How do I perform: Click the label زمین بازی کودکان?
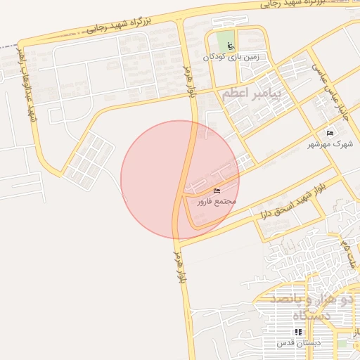(x=226, y=56)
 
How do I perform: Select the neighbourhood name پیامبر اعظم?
(x=251, y=93)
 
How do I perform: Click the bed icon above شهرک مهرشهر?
(x=330, y=133)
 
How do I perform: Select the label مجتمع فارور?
(x=216, y=202)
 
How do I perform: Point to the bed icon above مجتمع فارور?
(x=216, y=191)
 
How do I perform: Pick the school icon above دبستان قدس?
(x=299, y=332)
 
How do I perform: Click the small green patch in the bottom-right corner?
(x=342, y=344)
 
